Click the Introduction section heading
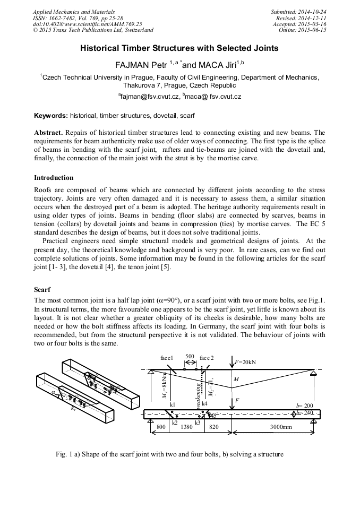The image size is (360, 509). [x=54, y=177]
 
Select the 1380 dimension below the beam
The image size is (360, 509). [x=187, y=426]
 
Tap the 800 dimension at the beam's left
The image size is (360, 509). [x=161, y=426]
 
